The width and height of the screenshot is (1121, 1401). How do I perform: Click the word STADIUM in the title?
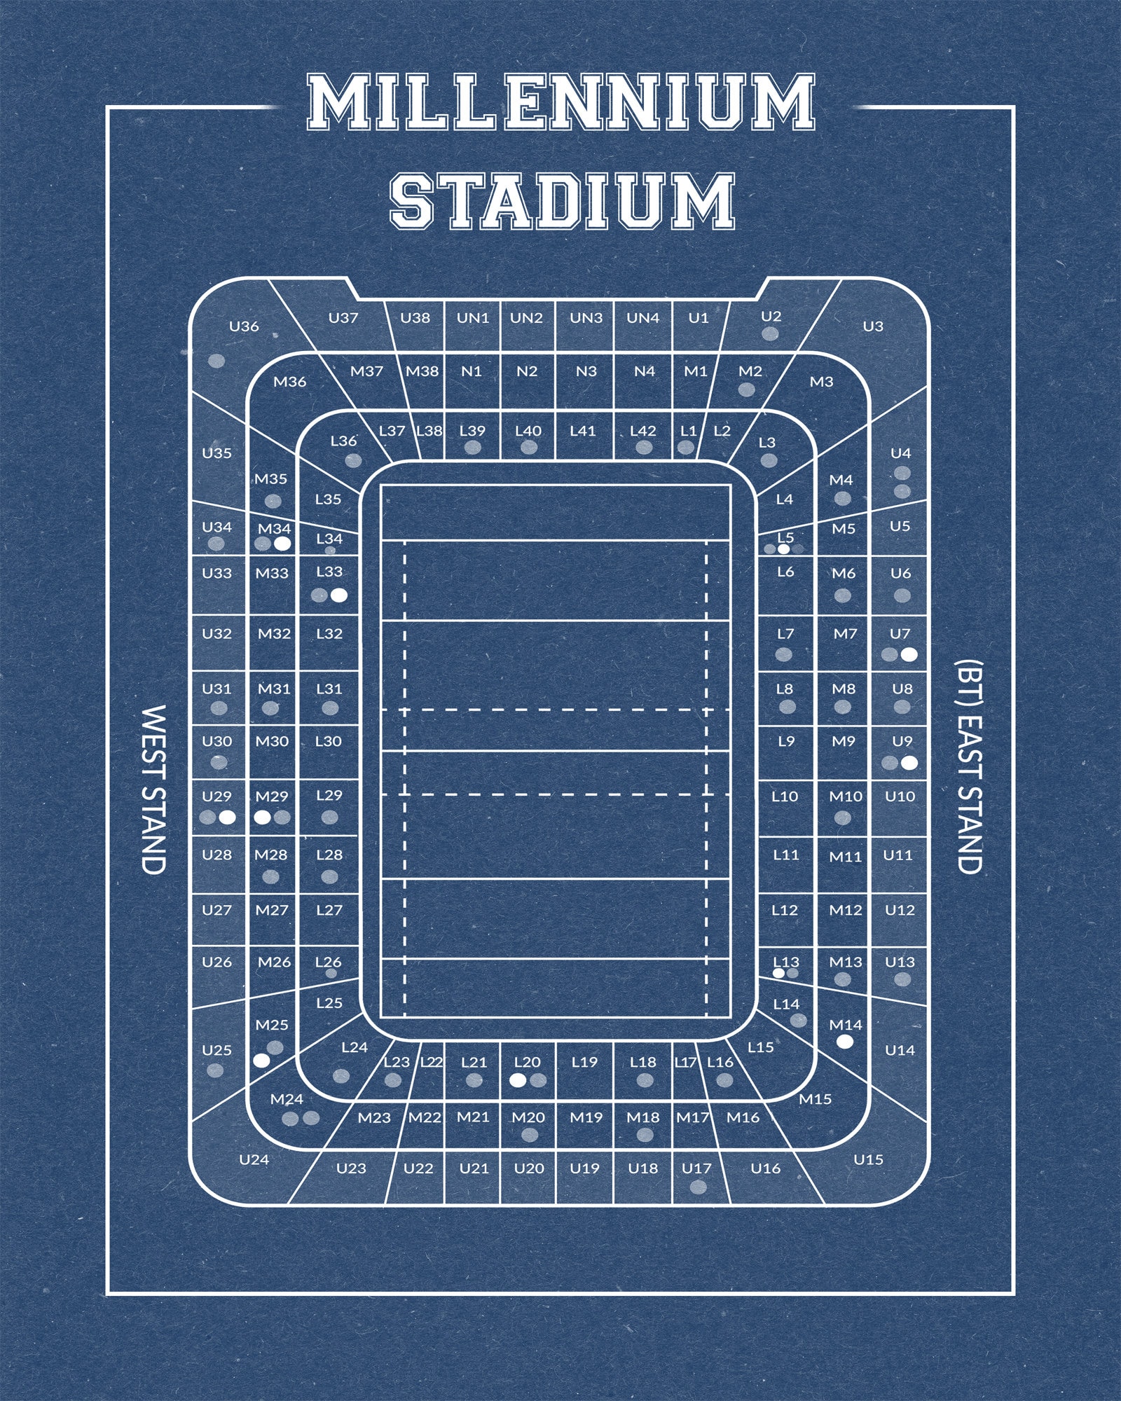coord(562,201)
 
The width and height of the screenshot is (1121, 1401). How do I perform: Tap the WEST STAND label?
coord(153,789)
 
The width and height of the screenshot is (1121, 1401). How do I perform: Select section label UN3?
coord(586,318)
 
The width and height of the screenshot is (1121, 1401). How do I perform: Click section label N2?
coord(526,371)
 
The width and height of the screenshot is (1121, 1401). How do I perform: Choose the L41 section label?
coord(582,431)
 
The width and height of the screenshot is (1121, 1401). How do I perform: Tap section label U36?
coord(244,326)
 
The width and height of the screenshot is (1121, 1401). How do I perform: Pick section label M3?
coord(821,382)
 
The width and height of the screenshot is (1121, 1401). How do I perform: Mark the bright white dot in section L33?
coord(339,595)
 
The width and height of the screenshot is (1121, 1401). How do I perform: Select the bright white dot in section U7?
coord(909,655)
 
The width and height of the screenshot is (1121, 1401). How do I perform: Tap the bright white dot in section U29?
coord(226,817)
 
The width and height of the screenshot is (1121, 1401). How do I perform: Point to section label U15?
coord(868,1159)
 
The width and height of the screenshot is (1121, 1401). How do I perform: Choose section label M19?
coord(586,1117)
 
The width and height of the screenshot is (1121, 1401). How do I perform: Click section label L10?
coord(785,796)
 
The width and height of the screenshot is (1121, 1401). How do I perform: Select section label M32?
coord(274,634)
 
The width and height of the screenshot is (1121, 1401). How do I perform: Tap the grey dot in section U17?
coord(698,1187)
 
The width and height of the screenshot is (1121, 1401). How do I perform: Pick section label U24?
coord(254,1159)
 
